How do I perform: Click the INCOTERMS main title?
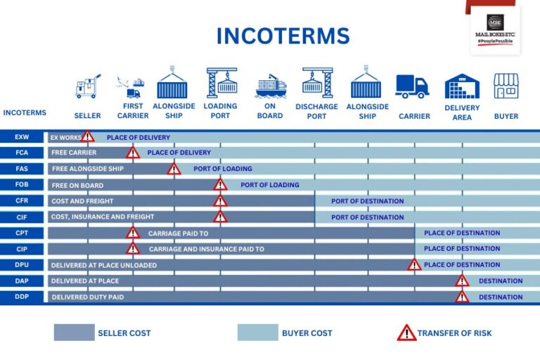click(x=283, y=36)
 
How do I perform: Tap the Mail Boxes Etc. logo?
click(x=494, y=31)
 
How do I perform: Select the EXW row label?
click(x=21, y=137)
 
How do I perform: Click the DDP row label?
click(x=21, y=297)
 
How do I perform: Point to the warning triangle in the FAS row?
click(x=174, y=169)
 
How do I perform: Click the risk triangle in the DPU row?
click(x=414, y=264)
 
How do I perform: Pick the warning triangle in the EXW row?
click(x=87, y=136)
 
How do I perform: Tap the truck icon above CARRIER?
click(x=412, y=86)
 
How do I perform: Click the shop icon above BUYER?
click(x=506, y=86)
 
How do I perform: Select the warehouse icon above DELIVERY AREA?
click(x=462, y=86)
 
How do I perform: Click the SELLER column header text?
click(x=88, y=116)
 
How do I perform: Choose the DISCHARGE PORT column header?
click(x=316, y=111)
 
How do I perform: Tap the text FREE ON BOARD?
click(x=77, y=186)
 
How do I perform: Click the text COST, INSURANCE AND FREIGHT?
click(x=103, y=217)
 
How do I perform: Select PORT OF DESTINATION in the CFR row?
click(x=368, y=201)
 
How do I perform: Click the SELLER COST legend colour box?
click(x=74, y=333)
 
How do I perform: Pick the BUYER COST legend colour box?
click(x=257, y=333)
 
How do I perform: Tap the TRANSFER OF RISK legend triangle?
click(x=406, y=333)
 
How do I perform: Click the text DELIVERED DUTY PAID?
click(x=87, y=297)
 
